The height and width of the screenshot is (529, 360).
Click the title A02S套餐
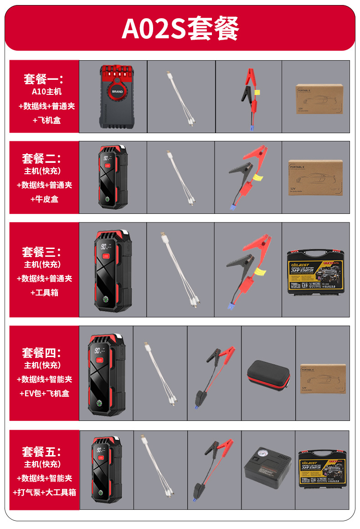[x=180, y=28]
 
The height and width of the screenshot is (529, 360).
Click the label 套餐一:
[x=44, y=79]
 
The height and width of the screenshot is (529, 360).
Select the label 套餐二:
[x=42, y=158]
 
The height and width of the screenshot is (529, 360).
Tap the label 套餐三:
[x=42, y=251]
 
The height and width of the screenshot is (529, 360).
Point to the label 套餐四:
[x=42, y=353]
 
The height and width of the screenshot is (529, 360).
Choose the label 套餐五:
[x=42, y=451]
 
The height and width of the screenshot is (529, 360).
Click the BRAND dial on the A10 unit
[x=117, y=90]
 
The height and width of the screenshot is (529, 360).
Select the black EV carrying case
[x=268, y=375]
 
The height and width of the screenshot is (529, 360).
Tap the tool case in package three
[x=315, y=270]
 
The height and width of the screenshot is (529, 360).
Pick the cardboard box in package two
[x=315, y=177]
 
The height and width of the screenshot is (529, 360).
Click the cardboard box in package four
[x=323, y=379]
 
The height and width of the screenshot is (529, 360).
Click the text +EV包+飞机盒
[x=44, y=393]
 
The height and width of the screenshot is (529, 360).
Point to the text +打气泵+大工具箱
[x=44, y=492]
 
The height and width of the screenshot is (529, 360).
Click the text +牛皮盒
[x=44, y=199]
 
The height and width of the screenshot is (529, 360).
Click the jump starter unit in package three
[x=112, y=270]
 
